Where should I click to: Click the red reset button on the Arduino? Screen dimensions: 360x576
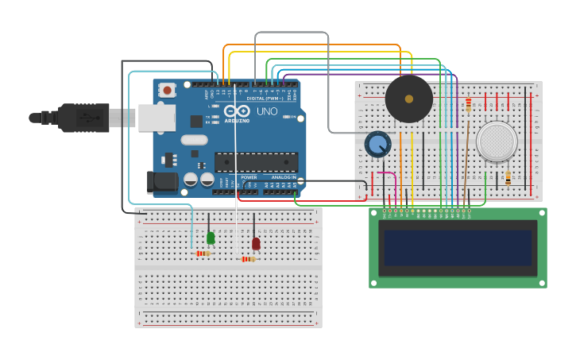[x=167, y=90]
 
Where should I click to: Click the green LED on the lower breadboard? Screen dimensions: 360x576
[x=211, y=238]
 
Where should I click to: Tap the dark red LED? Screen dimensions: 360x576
[x=256, y=243]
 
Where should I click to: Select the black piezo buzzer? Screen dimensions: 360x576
[x=409, y=99]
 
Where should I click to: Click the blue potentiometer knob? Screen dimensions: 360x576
[x=378, y=145]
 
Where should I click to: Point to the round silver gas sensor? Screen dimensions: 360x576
[x=497, y=141]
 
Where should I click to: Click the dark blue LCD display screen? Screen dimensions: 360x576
[x=458, y=248]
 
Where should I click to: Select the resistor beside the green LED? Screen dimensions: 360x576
[x=203, y=254]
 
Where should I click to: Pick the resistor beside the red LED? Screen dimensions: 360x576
[x=249, y=259]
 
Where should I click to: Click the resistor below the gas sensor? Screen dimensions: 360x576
[x=508, y=178]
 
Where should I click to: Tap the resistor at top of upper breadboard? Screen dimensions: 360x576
[x=469, y=105]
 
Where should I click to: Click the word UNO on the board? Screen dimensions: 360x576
[x=267, y=111]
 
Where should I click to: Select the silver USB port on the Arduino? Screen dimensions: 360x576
[x=157, y=118]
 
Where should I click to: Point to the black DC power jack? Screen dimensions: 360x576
[x=163, y=182]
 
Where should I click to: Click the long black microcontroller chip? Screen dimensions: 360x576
[x=256, y=161]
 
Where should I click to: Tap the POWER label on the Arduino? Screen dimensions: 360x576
[x=249, y=177]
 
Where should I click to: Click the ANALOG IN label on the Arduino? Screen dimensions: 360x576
[x=283, y=177]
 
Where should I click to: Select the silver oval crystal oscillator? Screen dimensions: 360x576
[x=194, y=140]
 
